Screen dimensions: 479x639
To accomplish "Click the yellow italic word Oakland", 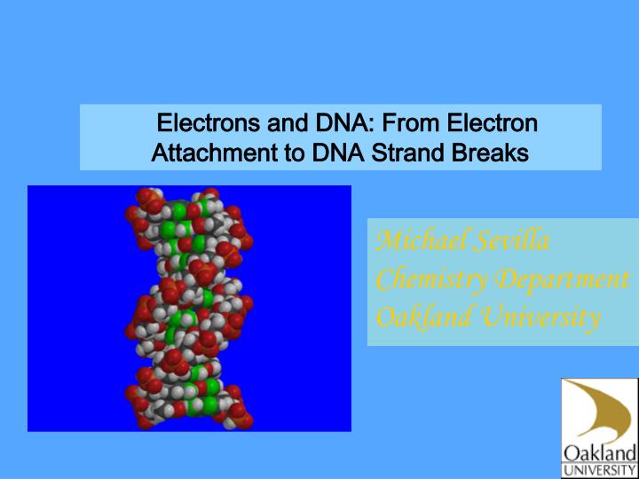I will [417, 317].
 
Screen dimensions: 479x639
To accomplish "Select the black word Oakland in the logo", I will [600, 452].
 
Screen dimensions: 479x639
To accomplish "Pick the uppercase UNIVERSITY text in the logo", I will [600, 469].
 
